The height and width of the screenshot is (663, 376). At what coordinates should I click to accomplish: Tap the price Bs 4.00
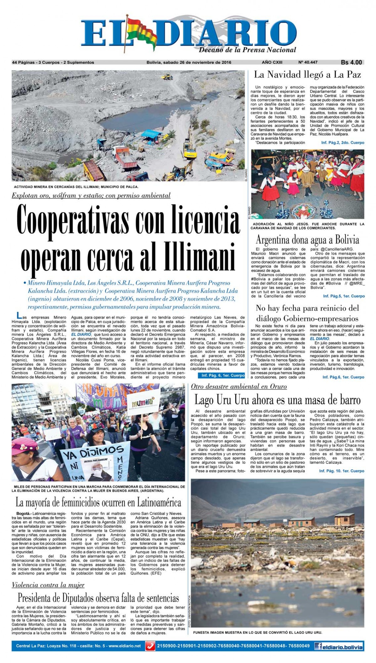[351, 62]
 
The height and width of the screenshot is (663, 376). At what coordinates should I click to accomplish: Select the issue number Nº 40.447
[309, 62]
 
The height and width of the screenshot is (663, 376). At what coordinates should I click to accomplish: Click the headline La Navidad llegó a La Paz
[307, 75]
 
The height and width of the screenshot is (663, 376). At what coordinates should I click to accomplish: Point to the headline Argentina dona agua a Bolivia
[307, 240]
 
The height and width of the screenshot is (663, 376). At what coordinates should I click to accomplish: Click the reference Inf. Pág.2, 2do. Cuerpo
[342, 143]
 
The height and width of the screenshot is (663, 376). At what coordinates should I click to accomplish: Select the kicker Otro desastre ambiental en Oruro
[239, 387]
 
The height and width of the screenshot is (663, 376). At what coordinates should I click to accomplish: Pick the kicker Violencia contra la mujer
[48, 585]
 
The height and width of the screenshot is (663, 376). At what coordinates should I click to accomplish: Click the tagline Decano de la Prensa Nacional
[247, 50]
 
